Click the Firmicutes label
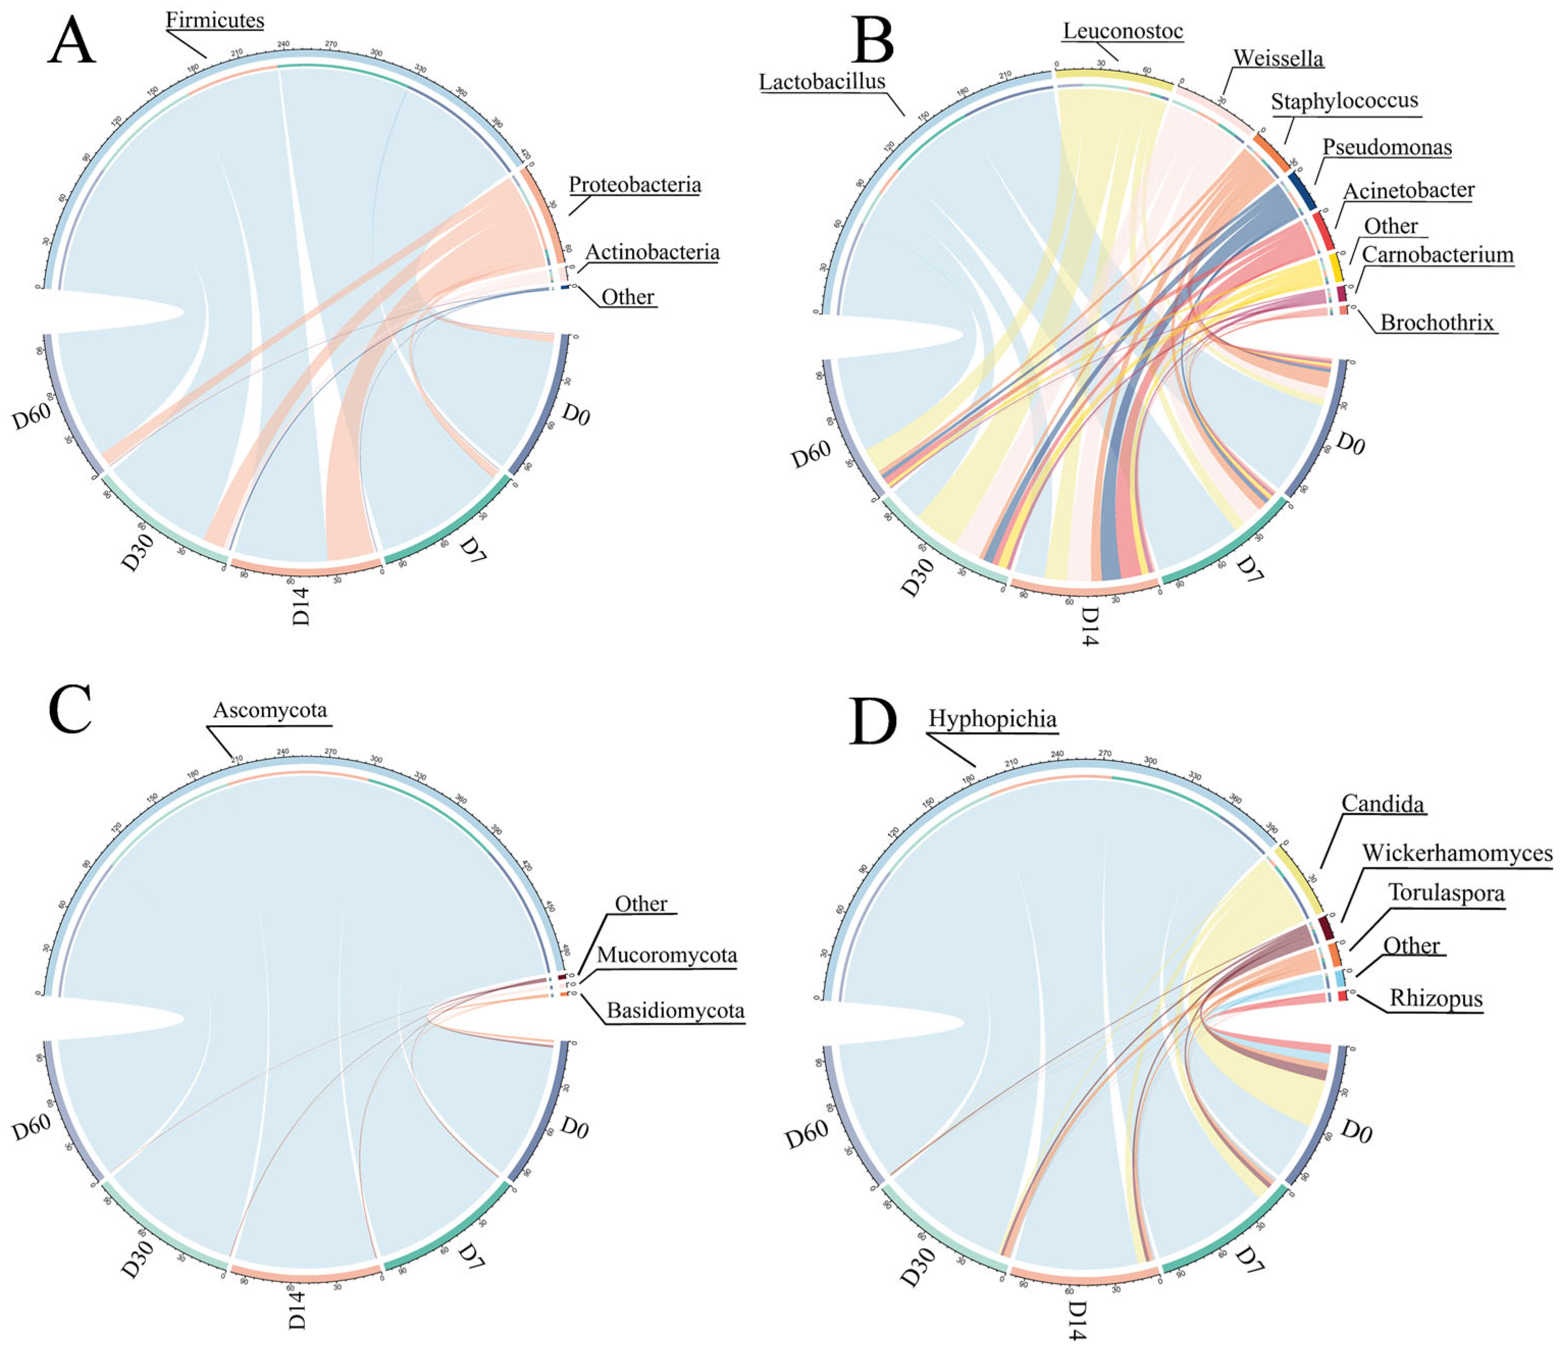click(x=215, y=20)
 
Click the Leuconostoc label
click(x=1123, y=31)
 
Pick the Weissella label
click(x=1278, y=58)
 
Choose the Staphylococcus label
click(x=1344, y=101)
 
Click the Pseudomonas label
click(x=1387, y=147)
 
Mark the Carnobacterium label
click(x=1437, y=255)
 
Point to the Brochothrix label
click(x=1436, y=323)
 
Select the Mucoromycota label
click(x=666, y=956)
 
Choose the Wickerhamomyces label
click(x=1456, y=853)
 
